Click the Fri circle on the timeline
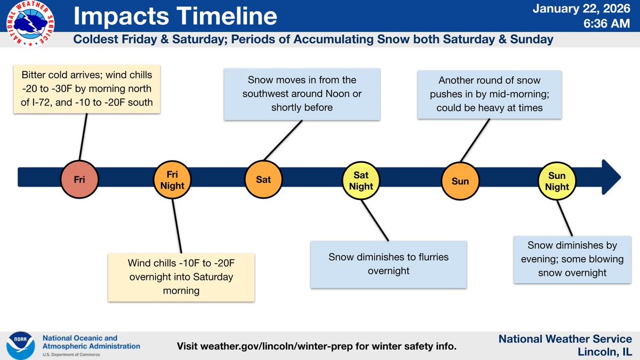coord(79,179)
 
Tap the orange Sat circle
coord(263,179)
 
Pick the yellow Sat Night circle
coord(361,180)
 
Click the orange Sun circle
coord(460,180)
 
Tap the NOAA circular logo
coord(19,341)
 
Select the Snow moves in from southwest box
coord(301,94)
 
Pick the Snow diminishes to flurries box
coord(388,264)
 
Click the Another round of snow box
coord(489,94)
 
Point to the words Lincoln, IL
coord(605,351)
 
